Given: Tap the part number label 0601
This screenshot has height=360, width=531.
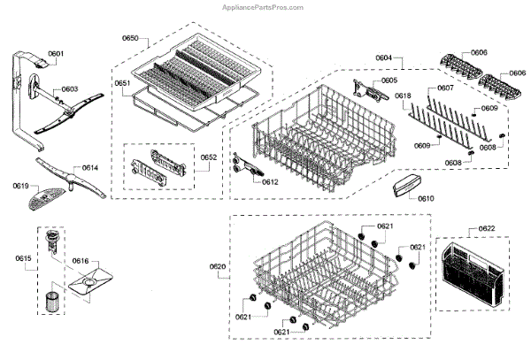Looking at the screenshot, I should tap(56, 54).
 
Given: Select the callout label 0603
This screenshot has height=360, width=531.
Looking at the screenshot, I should tap(70, 89).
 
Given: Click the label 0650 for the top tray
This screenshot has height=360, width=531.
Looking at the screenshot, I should tap(130, 39).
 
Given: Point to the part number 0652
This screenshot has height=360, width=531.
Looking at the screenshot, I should tap(209, 157).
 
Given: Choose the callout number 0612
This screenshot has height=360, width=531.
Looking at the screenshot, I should tap(271, 181).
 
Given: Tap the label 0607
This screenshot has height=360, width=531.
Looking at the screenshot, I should tap(445, 88).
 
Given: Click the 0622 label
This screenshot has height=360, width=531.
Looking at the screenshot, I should tap(487, 229).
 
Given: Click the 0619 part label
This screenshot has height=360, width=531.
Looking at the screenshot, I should tap(21, 186).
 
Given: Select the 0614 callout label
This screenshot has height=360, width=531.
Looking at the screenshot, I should tap(90, 167).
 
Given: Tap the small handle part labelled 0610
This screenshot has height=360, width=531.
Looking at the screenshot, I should tap(403, 188).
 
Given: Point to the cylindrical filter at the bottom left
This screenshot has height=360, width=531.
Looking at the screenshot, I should tap(50, 299).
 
